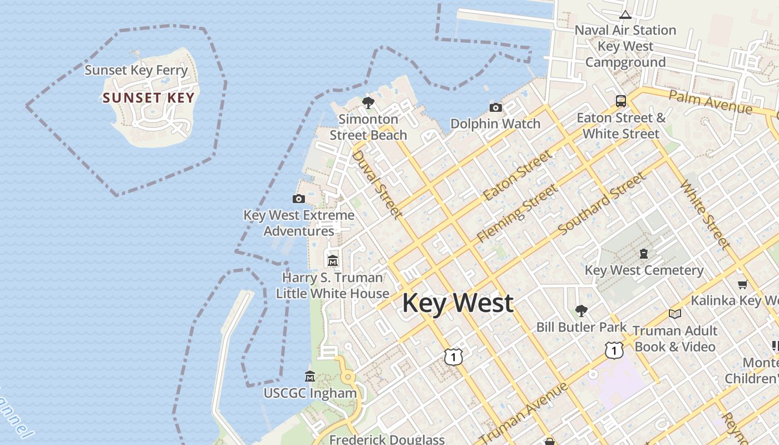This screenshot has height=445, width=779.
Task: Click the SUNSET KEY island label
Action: tap(149, 98)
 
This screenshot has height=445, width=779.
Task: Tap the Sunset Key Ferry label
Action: tap(136, 70)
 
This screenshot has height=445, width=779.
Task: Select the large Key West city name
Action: tap(457, 303)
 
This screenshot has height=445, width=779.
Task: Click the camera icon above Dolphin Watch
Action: tap(495, 107)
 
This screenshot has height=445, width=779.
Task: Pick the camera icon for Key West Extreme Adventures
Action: tap(299, 199)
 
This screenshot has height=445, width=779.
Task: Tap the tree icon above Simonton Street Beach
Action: tap(368, 102)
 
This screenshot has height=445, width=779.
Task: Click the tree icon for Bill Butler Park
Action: tap(581, 310)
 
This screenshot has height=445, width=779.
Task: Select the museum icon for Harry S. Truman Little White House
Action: tap(333, 260)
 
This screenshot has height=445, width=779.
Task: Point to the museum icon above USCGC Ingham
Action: tap(310, 377)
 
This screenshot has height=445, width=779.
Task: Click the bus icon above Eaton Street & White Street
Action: tap(621, 101)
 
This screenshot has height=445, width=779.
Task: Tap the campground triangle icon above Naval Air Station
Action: tap(625, 14)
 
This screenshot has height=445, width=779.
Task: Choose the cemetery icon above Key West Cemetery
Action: tap(644, 254)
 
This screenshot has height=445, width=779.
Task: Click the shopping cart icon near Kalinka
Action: tap(742, 285)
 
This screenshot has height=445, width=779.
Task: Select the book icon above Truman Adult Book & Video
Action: tap(675, 314)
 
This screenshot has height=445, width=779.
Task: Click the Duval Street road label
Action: tap(376, 184)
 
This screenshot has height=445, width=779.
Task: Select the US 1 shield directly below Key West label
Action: tap(453, 357)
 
